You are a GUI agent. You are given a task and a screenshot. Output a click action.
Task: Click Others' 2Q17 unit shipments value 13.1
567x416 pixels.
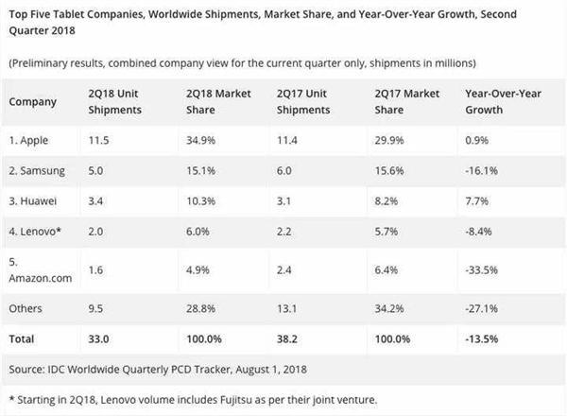point(287,307)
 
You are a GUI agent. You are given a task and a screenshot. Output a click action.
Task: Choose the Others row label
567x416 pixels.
point(28,307)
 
